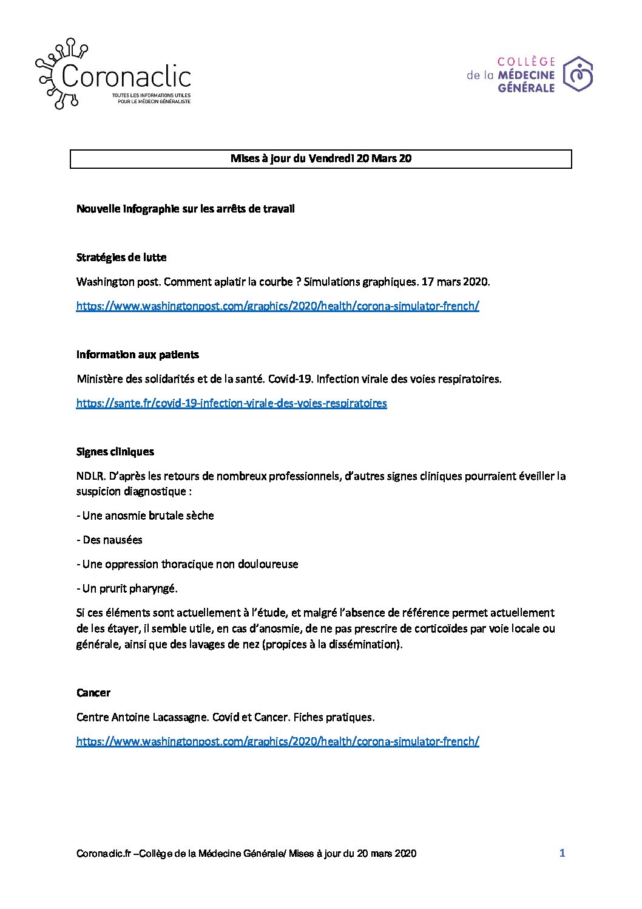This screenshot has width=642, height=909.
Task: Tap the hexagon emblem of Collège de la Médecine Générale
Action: click(x=578, y=74)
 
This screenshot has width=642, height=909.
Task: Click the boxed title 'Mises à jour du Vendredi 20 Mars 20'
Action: click(x=321, y=158)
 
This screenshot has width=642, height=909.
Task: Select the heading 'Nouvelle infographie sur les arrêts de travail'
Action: click(x=186, y=209)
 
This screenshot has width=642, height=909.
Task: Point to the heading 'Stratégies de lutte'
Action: click(x=121, y=257)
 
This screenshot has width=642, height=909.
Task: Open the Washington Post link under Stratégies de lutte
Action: click(x=277, y=306)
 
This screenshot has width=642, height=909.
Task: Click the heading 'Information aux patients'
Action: click(x=138, y=355)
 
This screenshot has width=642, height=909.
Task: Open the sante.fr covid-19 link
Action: click(x=231, y=403)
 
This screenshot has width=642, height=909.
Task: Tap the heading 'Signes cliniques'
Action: click(x=115, y=452)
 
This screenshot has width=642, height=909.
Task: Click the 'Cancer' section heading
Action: click(x=93, y=693)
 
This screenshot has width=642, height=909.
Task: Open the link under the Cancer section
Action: click(x=277, y=741)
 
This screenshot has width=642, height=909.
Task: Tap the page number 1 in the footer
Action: click(x=562, y=853)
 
